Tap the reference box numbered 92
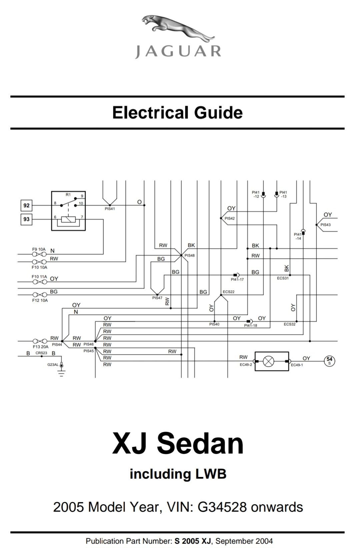[x=26, y=205]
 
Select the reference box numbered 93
[x=26, y=219]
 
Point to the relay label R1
[x=68, y=195]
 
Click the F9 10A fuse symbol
[x=39, y=254]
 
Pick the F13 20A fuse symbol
[x=40, y=341]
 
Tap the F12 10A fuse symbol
[x=40, y=295]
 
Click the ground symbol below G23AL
[x=61, y=373]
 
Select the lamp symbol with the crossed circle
[x=269, y=361]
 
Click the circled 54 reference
[x=329, y=361]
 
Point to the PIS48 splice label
[x=190, y=255]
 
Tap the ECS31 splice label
[x=283, y=278]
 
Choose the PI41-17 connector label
[x=237, y=280]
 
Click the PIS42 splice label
[x=230, y=218]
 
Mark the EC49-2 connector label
[x=246, y=365]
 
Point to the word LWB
[x=211, y=474]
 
